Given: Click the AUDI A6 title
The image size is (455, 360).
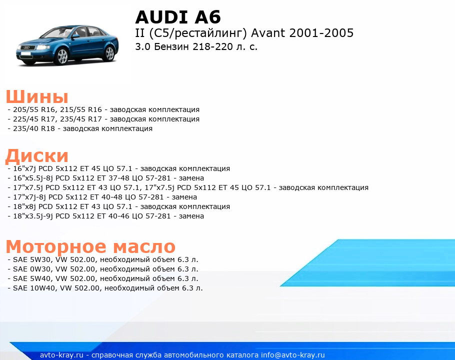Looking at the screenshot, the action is [x=178, y=17].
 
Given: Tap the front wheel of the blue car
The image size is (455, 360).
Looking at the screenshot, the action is [x=61, y=56].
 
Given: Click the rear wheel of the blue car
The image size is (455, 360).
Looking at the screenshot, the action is [x=109, y=53].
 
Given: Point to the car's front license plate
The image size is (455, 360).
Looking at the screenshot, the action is [x=25, y=53].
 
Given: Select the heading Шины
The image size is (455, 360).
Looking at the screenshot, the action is [x=37, y=96].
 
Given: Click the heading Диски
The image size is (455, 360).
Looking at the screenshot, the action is [x=37, y=156].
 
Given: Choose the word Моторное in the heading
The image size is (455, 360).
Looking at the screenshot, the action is [x=56, y=247].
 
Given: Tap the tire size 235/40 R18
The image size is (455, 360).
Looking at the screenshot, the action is [x=34, y=128].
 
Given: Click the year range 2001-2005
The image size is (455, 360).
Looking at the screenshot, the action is [x=321, y=33].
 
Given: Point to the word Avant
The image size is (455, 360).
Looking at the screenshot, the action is [x=268, y=33].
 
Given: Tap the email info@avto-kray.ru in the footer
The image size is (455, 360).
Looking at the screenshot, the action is [x=293, y=355].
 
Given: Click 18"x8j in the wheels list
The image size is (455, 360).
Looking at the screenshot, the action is [x=24, y=206].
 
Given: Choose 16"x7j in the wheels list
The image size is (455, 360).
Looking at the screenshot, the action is [x=24, y=168].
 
